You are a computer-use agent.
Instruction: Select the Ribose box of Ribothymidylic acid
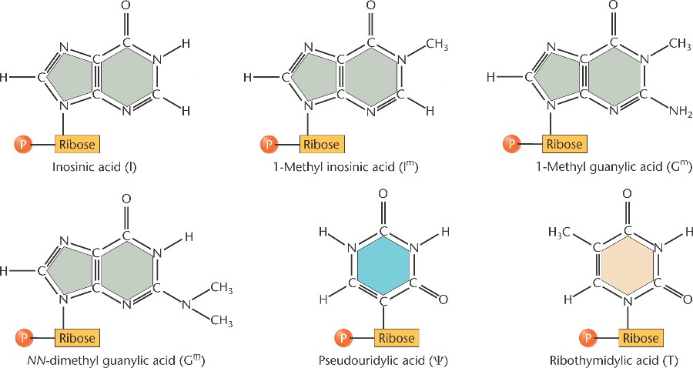click(641, 338)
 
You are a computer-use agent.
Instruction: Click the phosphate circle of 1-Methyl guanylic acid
click(511, 143)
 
